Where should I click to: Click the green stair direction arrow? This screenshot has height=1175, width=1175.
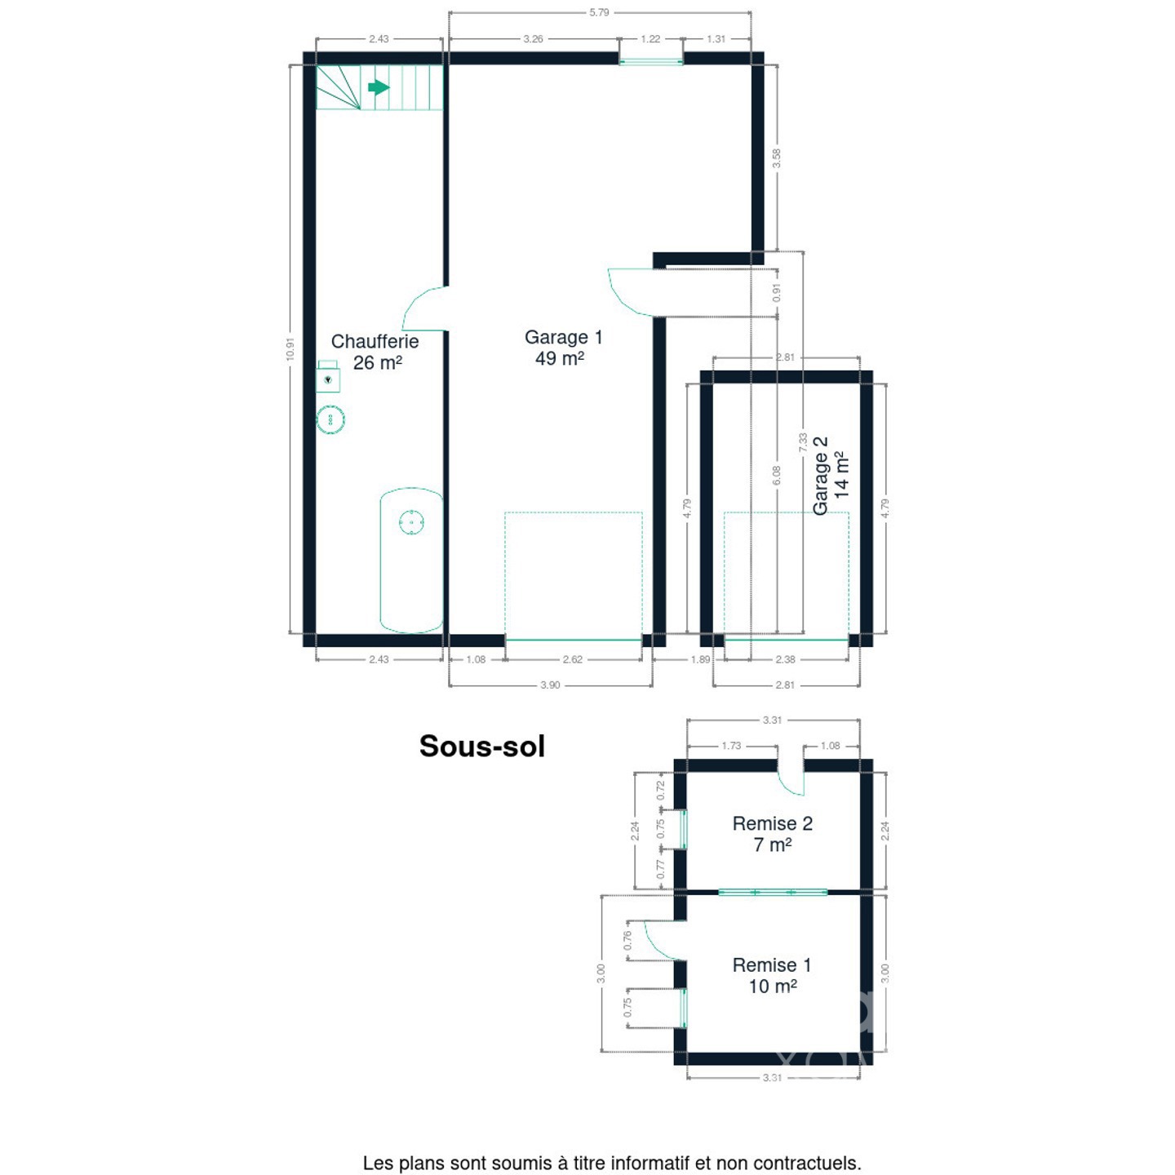pyautogui.click(x=379, y=87)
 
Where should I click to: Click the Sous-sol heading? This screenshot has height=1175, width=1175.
pyautogui.click(x=481, y=746)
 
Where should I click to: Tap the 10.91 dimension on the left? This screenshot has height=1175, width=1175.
pyautogui.click(x=290, y=349)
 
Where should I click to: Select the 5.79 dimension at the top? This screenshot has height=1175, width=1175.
pyautogui.click(x=600, y=12)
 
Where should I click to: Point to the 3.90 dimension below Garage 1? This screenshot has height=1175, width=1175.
pyautogui.click(x=550, y=685)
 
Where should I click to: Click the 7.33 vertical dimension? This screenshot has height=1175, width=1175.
pyautogui.click(x=802, y=443)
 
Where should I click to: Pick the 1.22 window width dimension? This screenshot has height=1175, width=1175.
pyautogui.click(x=650, y=39)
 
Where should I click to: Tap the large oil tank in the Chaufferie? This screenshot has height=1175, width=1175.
pyautogui.click(x=411, y=561)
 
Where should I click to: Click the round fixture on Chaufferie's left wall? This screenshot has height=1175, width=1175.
pyautogui.click(x=330, y=419)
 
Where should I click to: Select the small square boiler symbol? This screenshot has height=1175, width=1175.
pyautogui.click(x=328, y=377)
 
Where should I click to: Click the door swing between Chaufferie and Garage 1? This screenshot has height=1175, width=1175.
pyautogui.click(x=423, y=309)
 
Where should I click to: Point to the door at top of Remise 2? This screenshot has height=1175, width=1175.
pyautogui.click(x=791, y=778)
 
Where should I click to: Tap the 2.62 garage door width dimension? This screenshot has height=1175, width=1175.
pyautogui.click(x=573, y=659)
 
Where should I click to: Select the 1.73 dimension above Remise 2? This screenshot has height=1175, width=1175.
pyautogui.click(x=731, y=746)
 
